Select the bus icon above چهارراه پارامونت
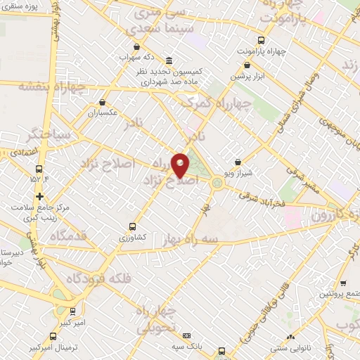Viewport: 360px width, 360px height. click(261, 40)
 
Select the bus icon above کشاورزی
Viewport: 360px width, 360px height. click(133, 226)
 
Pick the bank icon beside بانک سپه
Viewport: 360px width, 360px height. click(187, 336)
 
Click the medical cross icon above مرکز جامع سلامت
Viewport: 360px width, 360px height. click(39, 196)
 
